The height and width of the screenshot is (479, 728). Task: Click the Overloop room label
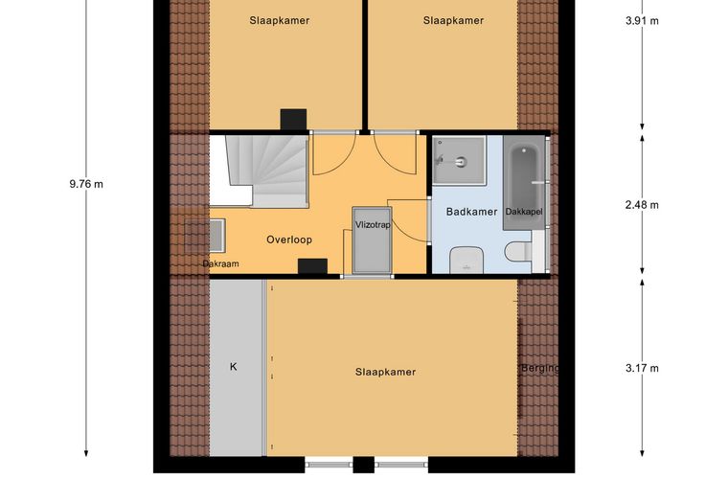click(x=288, y=239)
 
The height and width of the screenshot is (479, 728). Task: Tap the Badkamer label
click(x=471, y=212)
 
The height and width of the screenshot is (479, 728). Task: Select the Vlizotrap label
click(x=373, y=225)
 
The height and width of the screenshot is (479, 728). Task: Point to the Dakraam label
click(x=220, y=263)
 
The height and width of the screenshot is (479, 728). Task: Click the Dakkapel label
click(x=524, y=212)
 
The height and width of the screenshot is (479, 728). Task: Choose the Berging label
click(x=540, y=369)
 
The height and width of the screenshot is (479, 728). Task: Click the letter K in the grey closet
click(x=233, y=367)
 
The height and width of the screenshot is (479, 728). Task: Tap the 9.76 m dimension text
click(x=86, y=184)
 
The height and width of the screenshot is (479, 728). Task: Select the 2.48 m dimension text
click(x=642, y=205)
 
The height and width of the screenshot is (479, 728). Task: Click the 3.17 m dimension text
click(x=642, y=368)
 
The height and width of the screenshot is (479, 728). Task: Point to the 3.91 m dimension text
click(x=642, y=20)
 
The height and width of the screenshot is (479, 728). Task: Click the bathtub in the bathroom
click(x=524, y=182)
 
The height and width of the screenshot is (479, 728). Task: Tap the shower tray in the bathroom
click(x=459, y=160)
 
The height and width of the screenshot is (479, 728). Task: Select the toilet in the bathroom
click(x=518, y=252)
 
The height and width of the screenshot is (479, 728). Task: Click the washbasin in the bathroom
click(x=466, y=260)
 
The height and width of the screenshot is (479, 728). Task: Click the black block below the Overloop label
click(x=312, y=266)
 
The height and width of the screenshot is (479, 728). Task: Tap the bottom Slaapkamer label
click(x=385, y=372)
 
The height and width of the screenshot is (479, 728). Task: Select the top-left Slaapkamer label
click(x=280, y=20)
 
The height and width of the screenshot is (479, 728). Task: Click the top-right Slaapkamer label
click(x=454, y=20)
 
